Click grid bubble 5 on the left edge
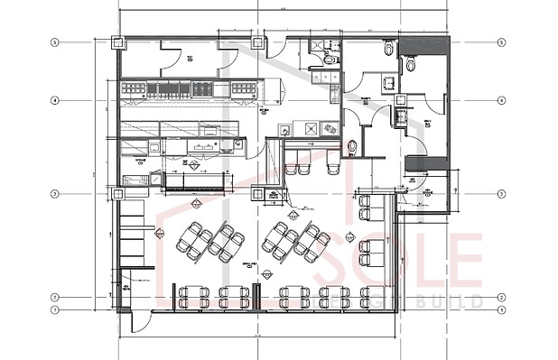[55, 42]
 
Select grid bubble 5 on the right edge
[501, 42]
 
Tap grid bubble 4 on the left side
[55, 100]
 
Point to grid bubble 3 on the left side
[55, 193]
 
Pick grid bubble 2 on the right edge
[501, 297]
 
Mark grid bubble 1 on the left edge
[55, 310]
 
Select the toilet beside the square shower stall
[330, 58]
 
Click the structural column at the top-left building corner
[116, 42]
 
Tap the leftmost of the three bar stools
[293, 169]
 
